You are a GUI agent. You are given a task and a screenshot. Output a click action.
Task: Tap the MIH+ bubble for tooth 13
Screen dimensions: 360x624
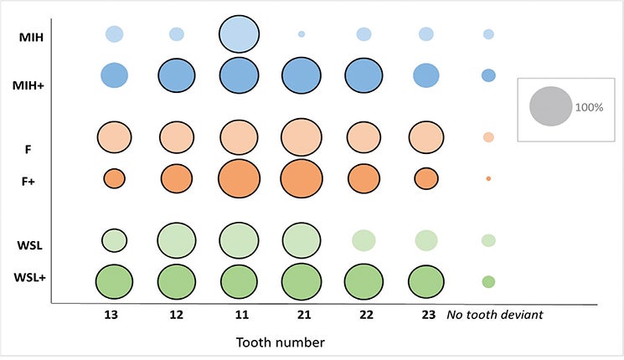tap(114, 75)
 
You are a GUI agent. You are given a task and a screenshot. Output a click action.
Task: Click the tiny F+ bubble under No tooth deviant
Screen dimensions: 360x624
tap(488, 178)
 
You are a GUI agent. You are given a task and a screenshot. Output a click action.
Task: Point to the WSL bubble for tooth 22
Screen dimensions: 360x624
tap(364, 240)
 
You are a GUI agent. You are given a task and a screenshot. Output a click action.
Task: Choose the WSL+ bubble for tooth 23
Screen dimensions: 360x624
tap(426, 281)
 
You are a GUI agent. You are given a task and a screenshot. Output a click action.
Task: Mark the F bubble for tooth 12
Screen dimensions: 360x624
tap(177, 136)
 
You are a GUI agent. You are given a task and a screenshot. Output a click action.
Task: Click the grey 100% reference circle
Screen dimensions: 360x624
tap(550, 107)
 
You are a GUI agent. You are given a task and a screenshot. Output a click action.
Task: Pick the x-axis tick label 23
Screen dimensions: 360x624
tap(425, 315)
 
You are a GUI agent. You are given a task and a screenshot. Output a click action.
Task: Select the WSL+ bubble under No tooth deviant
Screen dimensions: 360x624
tap(488, 282)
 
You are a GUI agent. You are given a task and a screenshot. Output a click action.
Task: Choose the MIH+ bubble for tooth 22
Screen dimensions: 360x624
tap(364, 75)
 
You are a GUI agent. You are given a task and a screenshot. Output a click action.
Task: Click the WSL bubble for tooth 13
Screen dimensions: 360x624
tap(114, 240)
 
